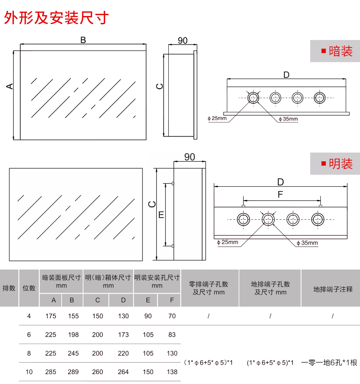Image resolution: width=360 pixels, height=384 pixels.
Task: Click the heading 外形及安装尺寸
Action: (x=56, y=17)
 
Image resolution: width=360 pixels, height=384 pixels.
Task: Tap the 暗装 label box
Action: (x=335, y=51)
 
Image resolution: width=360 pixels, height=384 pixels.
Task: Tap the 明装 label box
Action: (x=335, y=163)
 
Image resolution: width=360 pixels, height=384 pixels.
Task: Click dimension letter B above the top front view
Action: (x=83, y=40)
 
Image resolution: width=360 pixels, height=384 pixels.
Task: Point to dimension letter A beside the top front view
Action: (x=10, y=86)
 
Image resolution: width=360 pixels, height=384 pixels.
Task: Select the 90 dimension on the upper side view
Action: (x=183, y=40)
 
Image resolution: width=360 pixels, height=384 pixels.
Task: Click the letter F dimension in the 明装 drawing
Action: (x=280, y=195)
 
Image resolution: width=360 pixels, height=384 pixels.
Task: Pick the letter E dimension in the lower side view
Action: (x=161, y=215)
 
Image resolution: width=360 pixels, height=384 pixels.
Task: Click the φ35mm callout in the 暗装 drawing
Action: (x=288, y=119)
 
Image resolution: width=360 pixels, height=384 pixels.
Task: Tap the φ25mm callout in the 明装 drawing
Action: (x=227, y=242)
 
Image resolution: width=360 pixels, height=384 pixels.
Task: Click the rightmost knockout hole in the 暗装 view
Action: (x=320, y=97)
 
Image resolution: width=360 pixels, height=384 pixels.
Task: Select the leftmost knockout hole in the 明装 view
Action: (x=243, y=219)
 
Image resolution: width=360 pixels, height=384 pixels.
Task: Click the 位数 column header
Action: (x=29, y=288)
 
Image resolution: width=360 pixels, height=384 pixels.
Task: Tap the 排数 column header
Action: (x=9, y=288)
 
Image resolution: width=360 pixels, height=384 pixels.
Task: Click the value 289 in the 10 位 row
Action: (x=73, y=372)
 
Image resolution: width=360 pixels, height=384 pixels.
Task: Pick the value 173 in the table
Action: (x=123, y=335)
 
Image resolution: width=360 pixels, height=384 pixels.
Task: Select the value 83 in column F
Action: (x=172, y=335)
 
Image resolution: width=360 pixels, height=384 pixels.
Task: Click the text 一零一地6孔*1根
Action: (x=329, y=363)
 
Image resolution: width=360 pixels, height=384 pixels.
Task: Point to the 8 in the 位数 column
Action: (x=29, y=353)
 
